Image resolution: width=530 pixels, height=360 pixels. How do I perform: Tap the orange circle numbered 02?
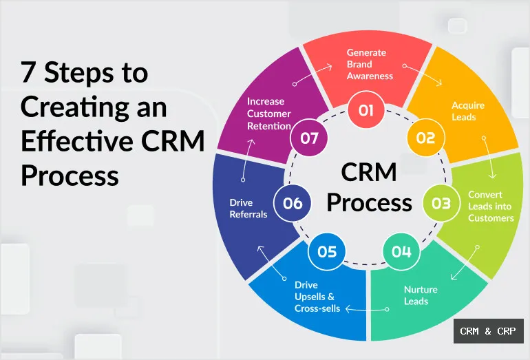pyautogui.click(x=425, y=138)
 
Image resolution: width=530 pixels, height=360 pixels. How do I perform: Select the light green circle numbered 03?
pyautogui.click(x=441, y=203)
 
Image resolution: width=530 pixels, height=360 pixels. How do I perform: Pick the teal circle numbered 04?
pyautogui.click(x=401, y=251)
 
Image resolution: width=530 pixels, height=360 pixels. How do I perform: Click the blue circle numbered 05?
pyautogui.click(x=327, y=251)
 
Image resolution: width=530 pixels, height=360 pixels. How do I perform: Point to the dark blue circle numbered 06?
pyautogui.click(x=293, y=203)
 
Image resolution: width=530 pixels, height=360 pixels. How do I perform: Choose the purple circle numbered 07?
pyautogui.click(x=309, y=138)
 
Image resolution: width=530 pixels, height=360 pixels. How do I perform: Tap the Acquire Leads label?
pyautogui.click(x=467, y=111)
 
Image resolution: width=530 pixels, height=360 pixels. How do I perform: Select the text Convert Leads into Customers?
pyautogui.click(x=491, y=206)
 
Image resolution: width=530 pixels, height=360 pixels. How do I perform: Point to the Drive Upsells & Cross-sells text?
pyautogui.click(x=317, y=297)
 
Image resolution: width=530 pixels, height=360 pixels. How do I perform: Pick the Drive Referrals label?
pyautogui.click(x=248, y=208)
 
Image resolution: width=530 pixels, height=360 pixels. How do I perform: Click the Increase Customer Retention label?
pyautogui.click(x=268, y=114)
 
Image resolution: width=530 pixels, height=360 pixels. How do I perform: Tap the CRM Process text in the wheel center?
pyautogui.click(x=369, y=187)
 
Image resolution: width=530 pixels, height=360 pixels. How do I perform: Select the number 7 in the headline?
pyautogui.click(x=29, y=72)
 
